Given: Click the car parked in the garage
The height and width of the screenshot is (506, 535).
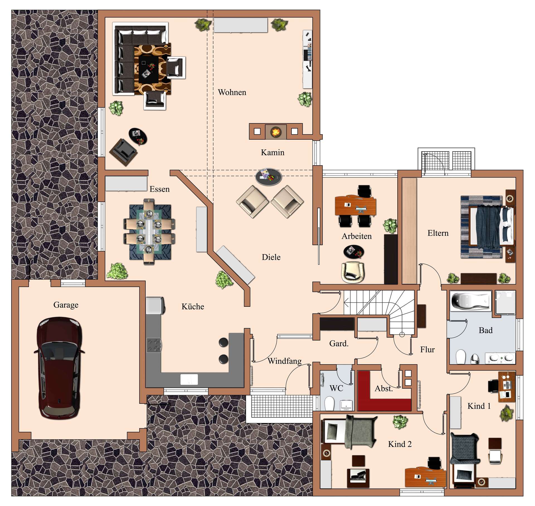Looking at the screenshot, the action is coord(59,368).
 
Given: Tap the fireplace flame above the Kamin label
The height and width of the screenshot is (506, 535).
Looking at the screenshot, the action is coord(276,132).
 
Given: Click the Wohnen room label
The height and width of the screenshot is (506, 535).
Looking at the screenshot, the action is coord(232,92).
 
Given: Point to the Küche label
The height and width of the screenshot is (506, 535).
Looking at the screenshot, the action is coord(193,306).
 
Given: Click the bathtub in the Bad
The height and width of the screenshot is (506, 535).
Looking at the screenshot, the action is coord(471,301).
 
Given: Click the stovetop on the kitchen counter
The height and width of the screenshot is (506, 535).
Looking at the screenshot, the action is coord(154,345).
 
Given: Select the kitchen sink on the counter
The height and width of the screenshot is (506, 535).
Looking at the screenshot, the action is coord(189,379).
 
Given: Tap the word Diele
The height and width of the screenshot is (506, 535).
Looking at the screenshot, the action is coord(271,257).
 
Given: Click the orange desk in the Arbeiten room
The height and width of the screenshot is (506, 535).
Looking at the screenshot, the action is coord(356,206).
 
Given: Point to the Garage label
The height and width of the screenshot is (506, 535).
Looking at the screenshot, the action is coord(66,305).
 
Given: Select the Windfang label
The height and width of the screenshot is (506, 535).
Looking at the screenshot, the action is coord(284,361).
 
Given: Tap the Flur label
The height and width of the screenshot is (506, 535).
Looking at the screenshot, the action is coord(427,349).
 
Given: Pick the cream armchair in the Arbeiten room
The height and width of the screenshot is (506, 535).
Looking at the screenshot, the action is coord(353,272).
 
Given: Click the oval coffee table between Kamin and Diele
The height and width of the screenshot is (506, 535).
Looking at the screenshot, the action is coord(269,177).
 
